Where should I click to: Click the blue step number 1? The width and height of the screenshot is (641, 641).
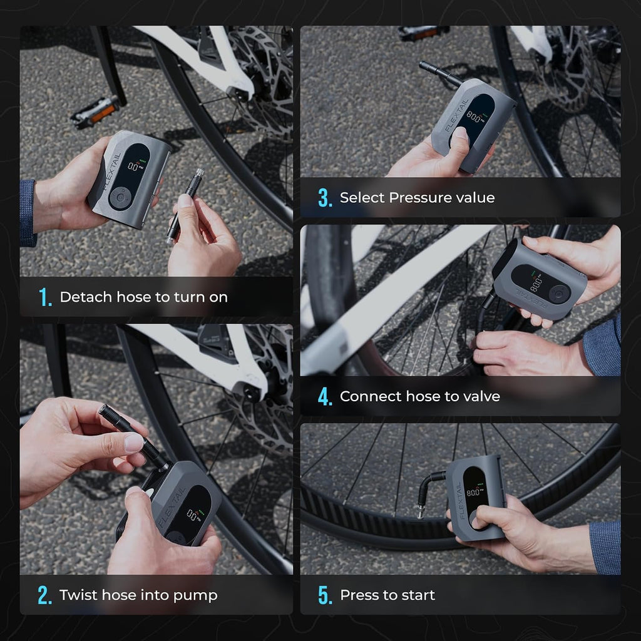click(x=44, y=297)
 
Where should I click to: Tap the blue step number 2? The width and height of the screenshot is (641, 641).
click(x=44, y=595)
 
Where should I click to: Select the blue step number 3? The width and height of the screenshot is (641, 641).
click(x=325, y=198)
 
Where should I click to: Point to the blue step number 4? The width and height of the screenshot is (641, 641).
click(x=325, y=396)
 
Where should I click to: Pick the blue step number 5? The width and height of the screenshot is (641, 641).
click(x=325, y=595)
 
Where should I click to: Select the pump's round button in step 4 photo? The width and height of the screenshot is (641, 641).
click(x=559, y=294)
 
